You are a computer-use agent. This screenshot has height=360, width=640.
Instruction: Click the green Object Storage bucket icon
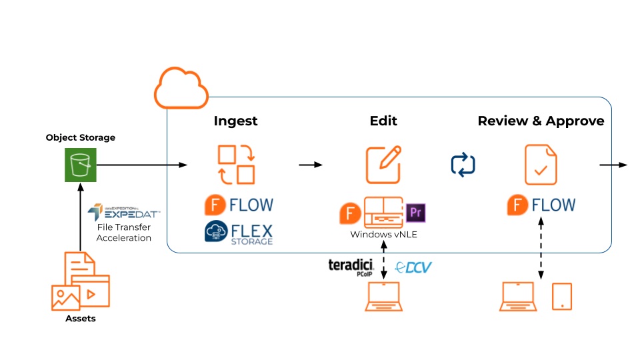point(80,165)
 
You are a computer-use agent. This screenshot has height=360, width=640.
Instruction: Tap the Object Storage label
point(80,138)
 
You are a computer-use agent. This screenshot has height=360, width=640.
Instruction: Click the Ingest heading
point(235,121)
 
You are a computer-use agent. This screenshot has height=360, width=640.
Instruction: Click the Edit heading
point(383,121)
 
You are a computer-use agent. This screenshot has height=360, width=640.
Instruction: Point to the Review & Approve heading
point(541,121)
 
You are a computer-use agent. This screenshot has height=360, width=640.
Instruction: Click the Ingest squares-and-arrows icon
point(236,165)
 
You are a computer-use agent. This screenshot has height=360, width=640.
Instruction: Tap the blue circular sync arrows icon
point(463,165)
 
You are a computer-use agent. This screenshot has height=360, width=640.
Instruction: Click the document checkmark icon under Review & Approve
point(541,165)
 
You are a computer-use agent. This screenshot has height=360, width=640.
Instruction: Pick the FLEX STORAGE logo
point(239,233)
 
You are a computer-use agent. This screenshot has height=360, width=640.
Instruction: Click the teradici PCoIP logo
point(351,267)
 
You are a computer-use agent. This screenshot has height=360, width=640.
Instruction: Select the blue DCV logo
point(413,267)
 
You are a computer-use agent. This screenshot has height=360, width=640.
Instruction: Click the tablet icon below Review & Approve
point(562,297)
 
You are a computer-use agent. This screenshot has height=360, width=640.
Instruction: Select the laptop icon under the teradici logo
point(383,297)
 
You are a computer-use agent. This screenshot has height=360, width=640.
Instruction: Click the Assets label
point(80,319)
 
